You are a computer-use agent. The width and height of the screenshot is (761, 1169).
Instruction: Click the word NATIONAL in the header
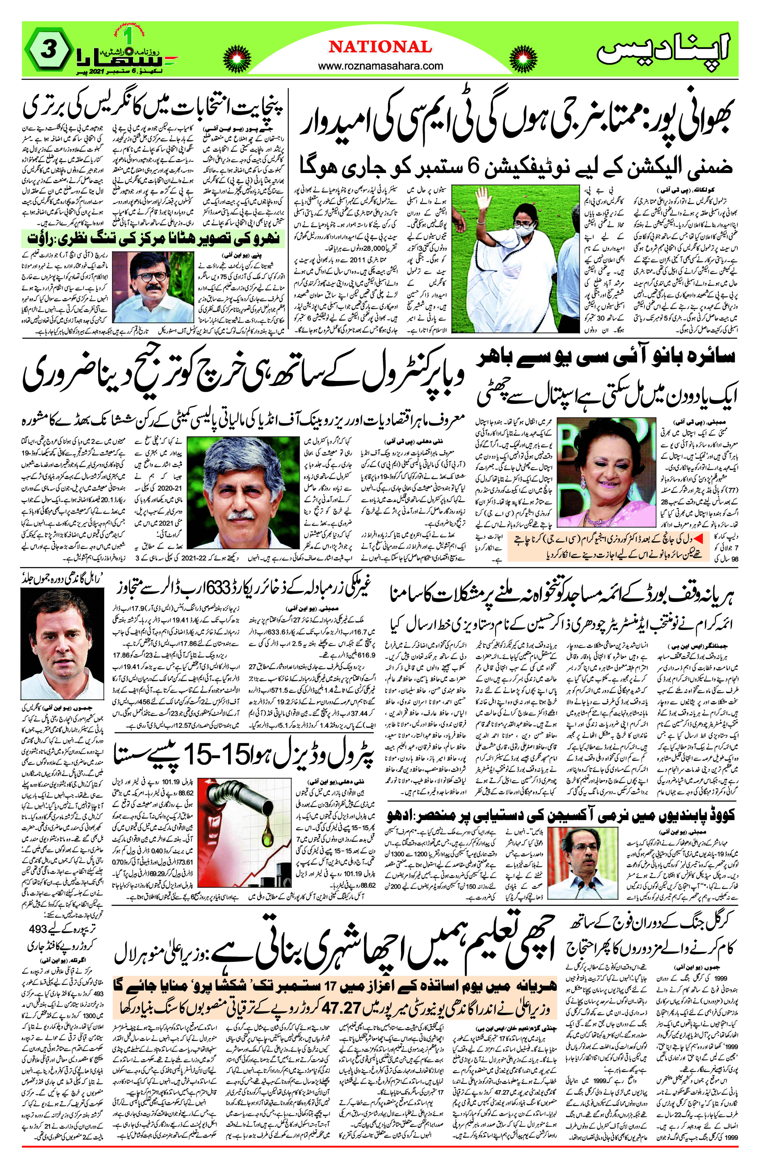pos(380,47)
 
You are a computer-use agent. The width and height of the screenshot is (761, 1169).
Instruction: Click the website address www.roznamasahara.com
pos(380,66)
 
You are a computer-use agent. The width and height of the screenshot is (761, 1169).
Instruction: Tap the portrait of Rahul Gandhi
pos(62,643)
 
